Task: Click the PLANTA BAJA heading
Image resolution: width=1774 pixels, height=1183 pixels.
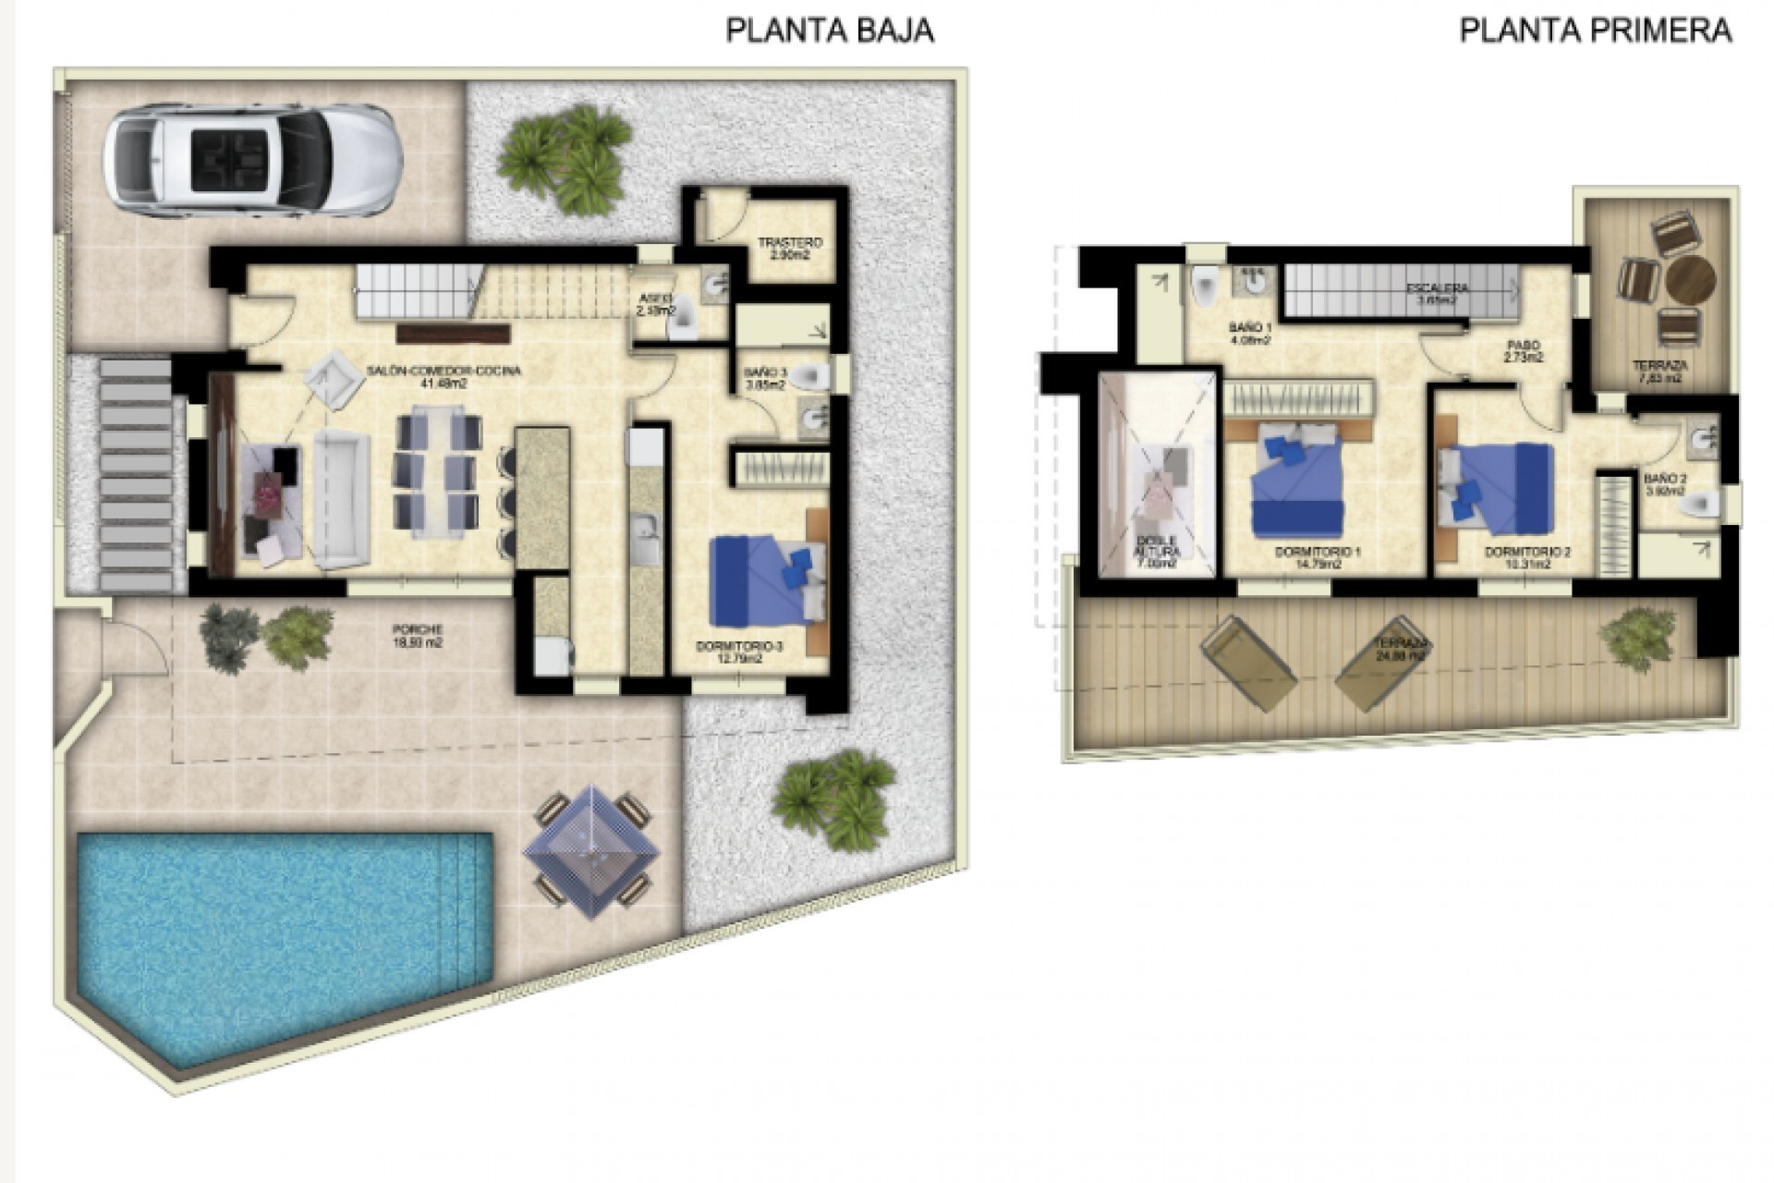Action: [830, 30]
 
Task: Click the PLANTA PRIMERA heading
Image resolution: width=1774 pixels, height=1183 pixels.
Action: [1595, 30]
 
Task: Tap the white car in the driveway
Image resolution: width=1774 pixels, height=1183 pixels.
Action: [251, 161]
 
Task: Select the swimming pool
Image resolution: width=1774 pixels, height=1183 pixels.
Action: [277, 933]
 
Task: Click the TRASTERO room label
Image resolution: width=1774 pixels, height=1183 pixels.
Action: [790, 249]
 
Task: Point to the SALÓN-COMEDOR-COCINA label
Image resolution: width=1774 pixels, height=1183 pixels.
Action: [443, 376]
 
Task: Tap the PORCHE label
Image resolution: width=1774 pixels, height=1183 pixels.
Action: [416, 636]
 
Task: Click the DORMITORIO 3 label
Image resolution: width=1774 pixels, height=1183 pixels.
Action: [739, 653]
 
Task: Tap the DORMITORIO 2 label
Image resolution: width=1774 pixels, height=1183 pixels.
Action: [1527, 557]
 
